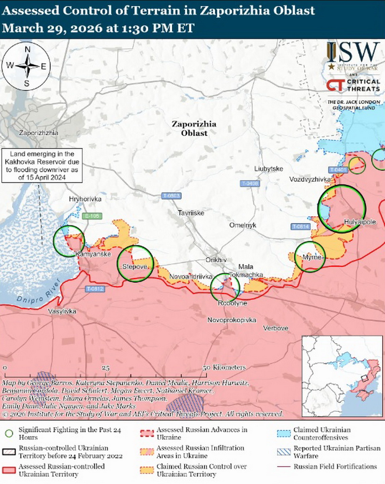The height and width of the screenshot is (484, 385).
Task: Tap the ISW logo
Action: (353, 52)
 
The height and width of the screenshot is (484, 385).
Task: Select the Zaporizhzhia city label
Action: (38, 133)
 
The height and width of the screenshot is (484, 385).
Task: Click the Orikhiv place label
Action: (216, 260)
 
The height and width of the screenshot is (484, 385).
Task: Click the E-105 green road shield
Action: (92, 216)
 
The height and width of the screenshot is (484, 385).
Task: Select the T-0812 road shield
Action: (95, 289)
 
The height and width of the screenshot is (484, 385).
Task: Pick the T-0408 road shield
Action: (250, 183)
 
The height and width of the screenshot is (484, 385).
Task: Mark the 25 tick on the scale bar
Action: (106, 368)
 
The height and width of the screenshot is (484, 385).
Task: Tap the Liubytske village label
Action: (269, 169)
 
